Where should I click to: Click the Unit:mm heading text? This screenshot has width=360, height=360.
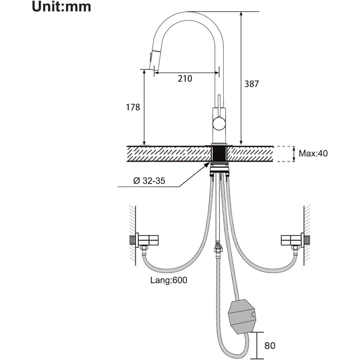[x=61, y=7]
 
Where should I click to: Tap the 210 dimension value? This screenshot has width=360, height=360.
[x=185, y=79]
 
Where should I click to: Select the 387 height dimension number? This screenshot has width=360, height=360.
[x=251, y=84]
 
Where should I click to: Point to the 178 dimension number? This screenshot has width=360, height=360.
[x=133, y=107]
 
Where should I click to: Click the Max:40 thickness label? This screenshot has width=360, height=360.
[x=313, y=153]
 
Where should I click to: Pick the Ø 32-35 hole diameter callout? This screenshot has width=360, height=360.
[x=149, y=181]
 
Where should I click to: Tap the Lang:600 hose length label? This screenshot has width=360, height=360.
[x=169, y=280]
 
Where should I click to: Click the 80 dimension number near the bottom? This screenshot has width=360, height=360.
[x=270, y=345]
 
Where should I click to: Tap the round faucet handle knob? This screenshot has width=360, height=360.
[x=220, y=123]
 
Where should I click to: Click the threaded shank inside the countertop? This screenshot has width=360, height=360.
[x=219, y=154]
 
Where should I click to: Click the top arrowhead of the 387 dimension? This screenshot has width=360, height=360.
[x=241, y=14]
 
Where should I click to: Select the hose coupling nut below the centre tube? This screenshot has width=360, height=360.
[x=218, y=248]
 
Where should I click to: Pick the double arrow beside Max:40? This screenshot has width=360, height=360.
[x=294, y=154]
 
